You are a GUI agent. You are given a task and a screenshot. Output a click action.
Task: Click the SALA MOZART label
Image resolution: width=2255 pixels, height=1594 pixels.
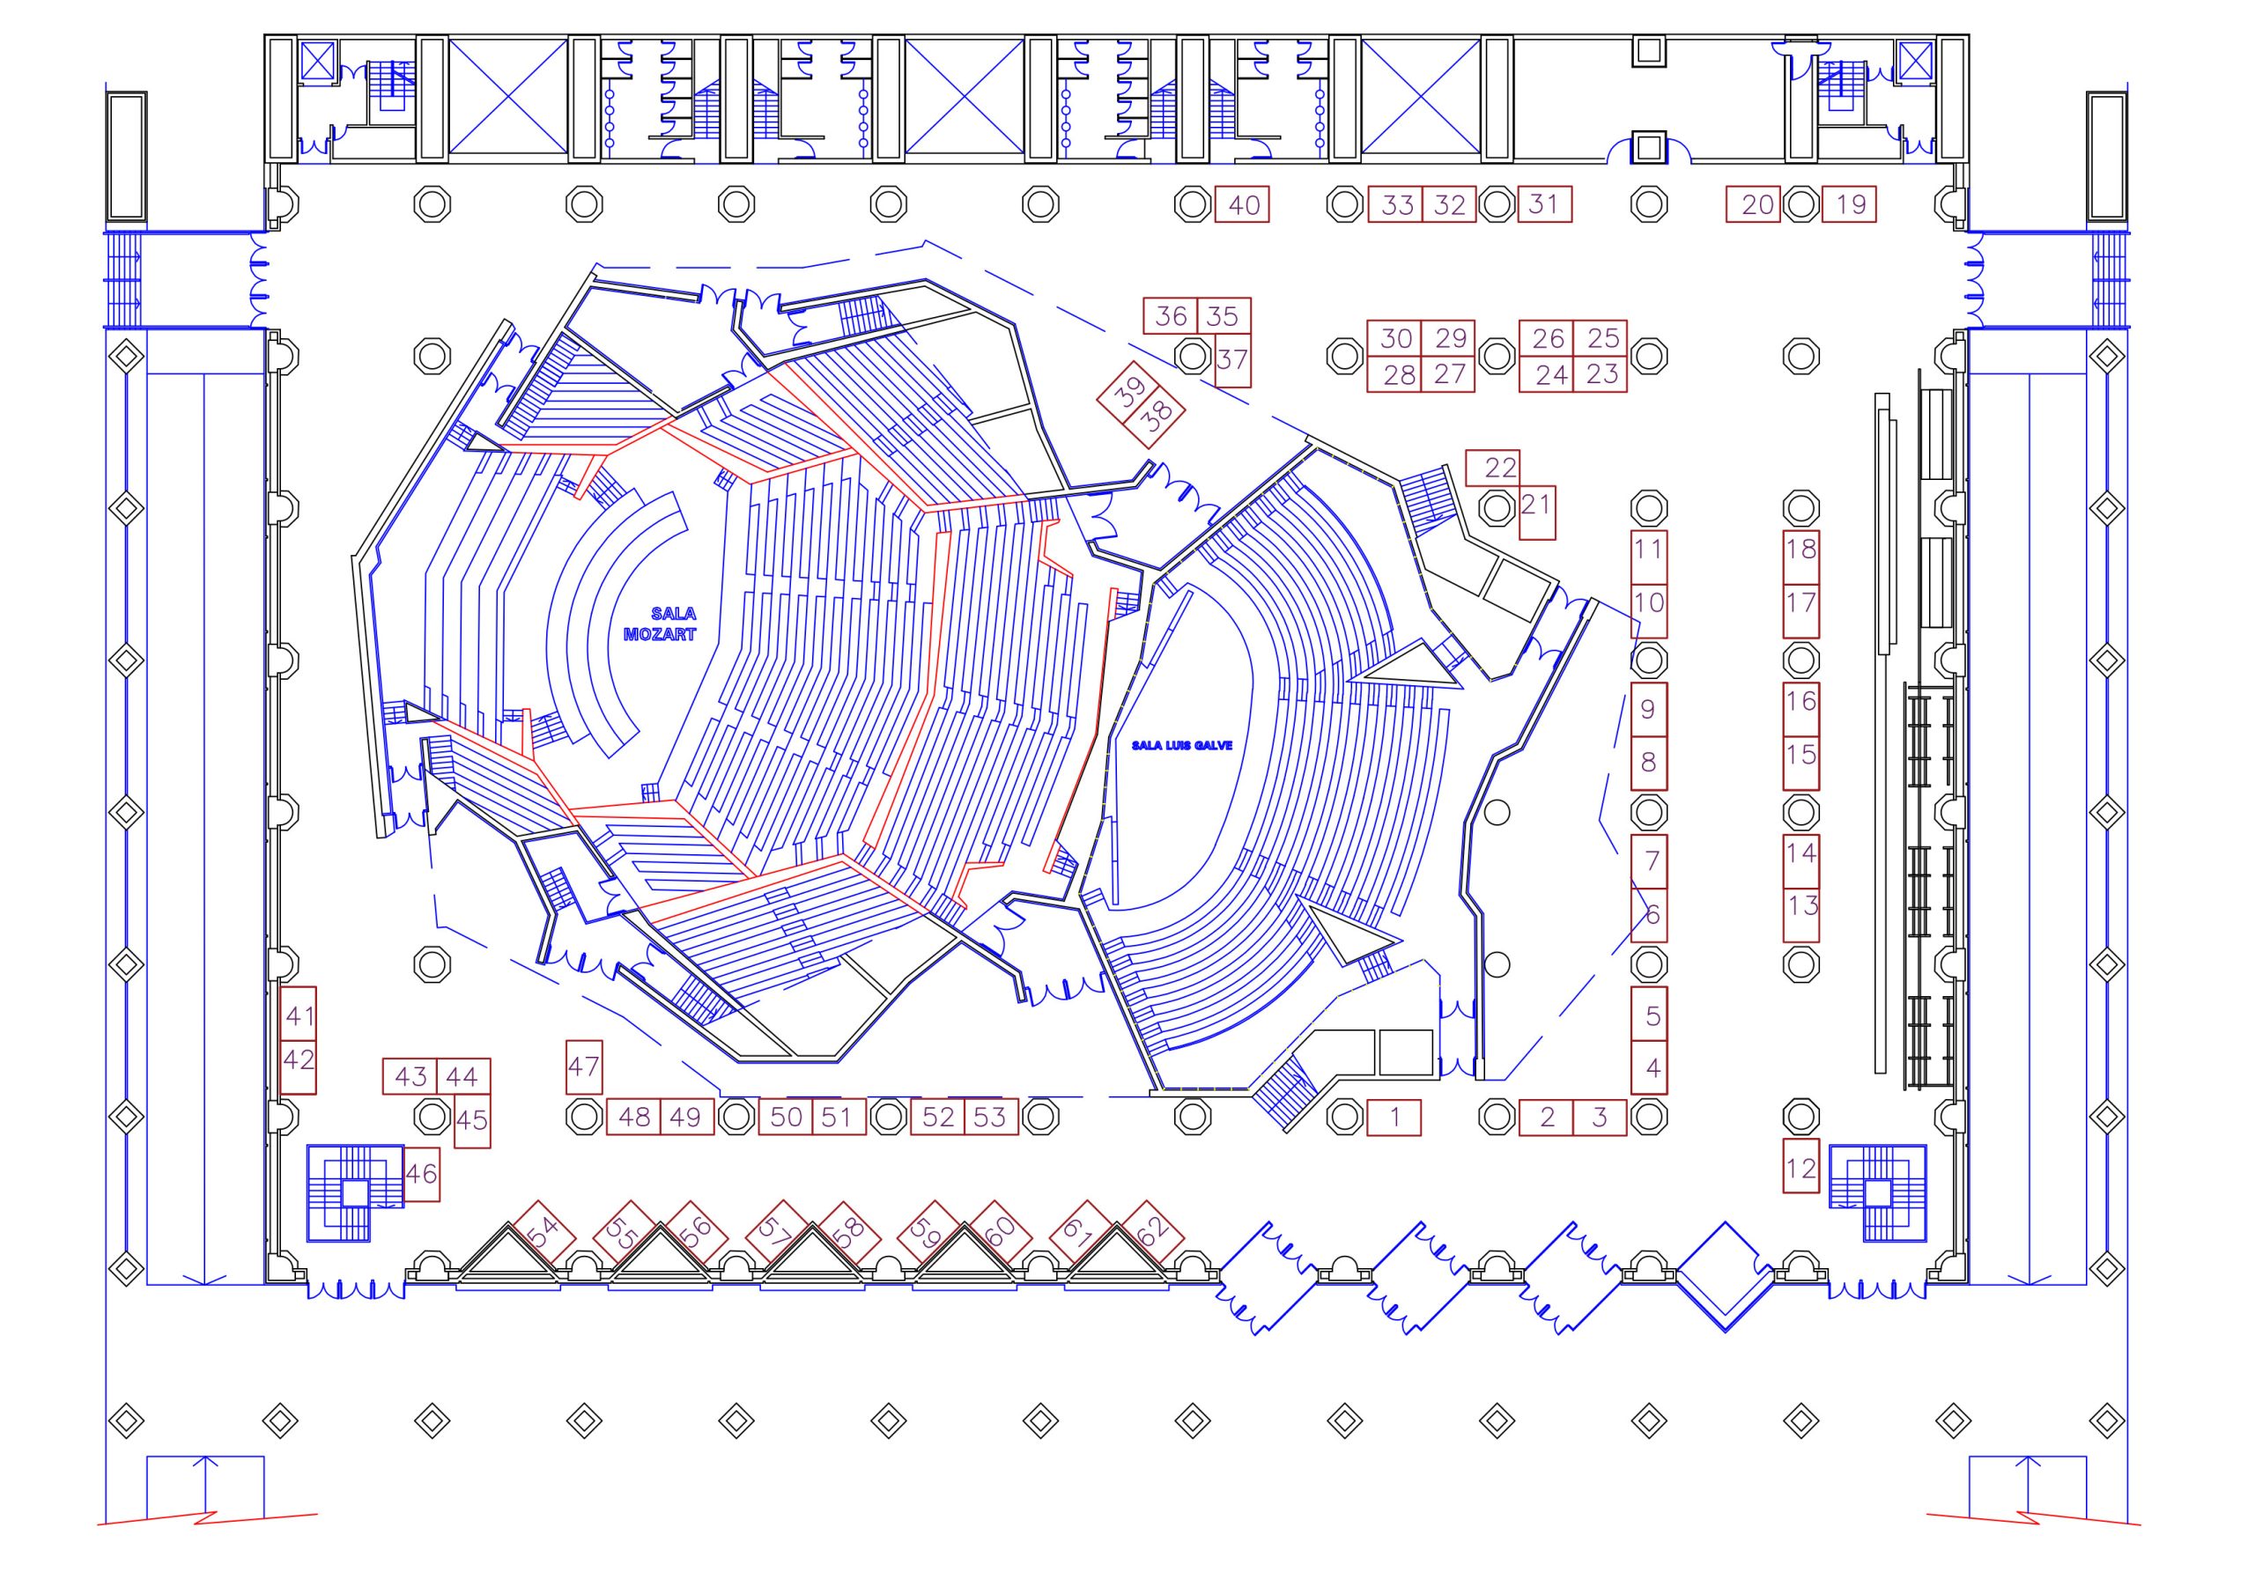tap(660, 624)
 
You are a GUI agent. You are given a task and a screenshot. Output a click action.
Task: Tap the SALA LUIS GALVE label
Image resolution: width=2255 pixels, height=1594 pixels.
tap(1181, 745)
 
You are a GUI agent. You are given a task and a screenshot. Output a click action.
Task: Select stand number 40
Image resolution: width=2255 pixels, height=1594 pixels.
tap(1244, 204)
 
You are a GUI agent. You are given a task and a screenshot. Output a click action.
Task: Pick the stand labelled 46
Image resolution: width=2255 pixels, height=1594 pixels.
tap(421, 1174)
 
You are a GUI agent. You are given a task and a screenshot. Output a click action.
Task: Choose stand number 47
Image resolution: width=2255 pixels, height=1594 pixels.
tap(584, 1066)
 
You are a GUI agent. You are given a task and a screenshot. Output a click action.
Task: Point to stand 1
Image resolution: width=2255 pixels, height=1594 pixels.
tap(1394, 1117)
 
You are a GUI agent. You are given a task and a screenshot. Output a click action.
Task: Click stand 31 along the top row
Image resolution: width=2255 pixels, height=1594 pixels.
tap(1545, 204)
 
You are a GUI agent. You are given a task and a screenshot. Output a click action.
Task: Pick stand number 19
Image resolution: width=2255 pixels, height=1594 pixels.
tap(1850, 204)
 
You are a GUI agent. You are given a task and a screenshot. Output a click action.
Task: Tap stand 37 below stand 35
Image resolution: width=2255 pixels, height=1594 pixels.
tap(1233, 360)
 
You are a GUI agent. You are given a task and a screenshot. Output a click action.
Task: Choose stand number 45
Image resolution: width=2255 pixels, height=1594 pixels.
tap(472, 1120)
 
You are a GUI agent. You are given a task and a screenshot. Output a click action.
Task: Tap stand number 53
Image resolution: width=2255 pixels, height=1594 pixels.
tap(991, 1117)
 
